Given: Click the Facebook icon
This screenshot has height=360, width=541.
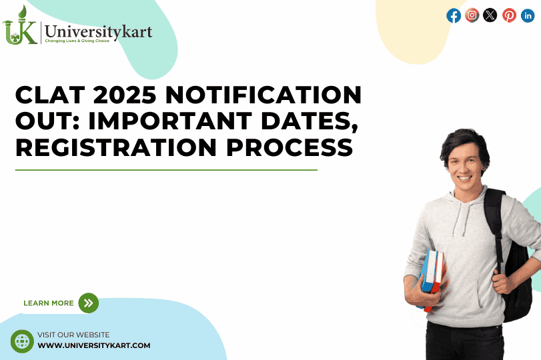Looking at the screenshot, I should click(454, 15).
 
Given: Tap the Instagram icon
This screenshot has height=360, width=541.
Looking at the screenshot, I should click(472, 15).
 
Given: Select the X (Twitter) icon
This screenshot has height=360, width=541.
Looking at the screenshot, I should click(490, 15).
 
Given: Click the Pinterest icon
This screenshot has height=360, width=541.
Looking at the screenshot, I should click(509, 15).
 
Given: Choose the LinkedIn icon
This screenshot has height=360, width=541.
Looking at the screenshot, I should click(528, 15).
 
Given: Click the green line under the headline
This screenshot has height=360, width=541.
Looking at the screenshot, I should click(166, 170).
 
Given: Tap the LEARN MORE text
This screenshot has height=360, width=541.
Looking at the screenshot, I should click(49, 303).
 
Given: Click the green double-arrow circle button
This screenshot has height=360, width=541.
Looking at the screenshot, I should click(88, 303).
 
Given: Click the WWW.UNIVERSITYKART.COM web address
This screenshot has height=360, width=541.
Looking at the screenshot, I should click(94, 345).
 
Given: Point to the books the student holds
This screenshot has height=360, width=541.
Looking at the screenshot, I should click(432, 277).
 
